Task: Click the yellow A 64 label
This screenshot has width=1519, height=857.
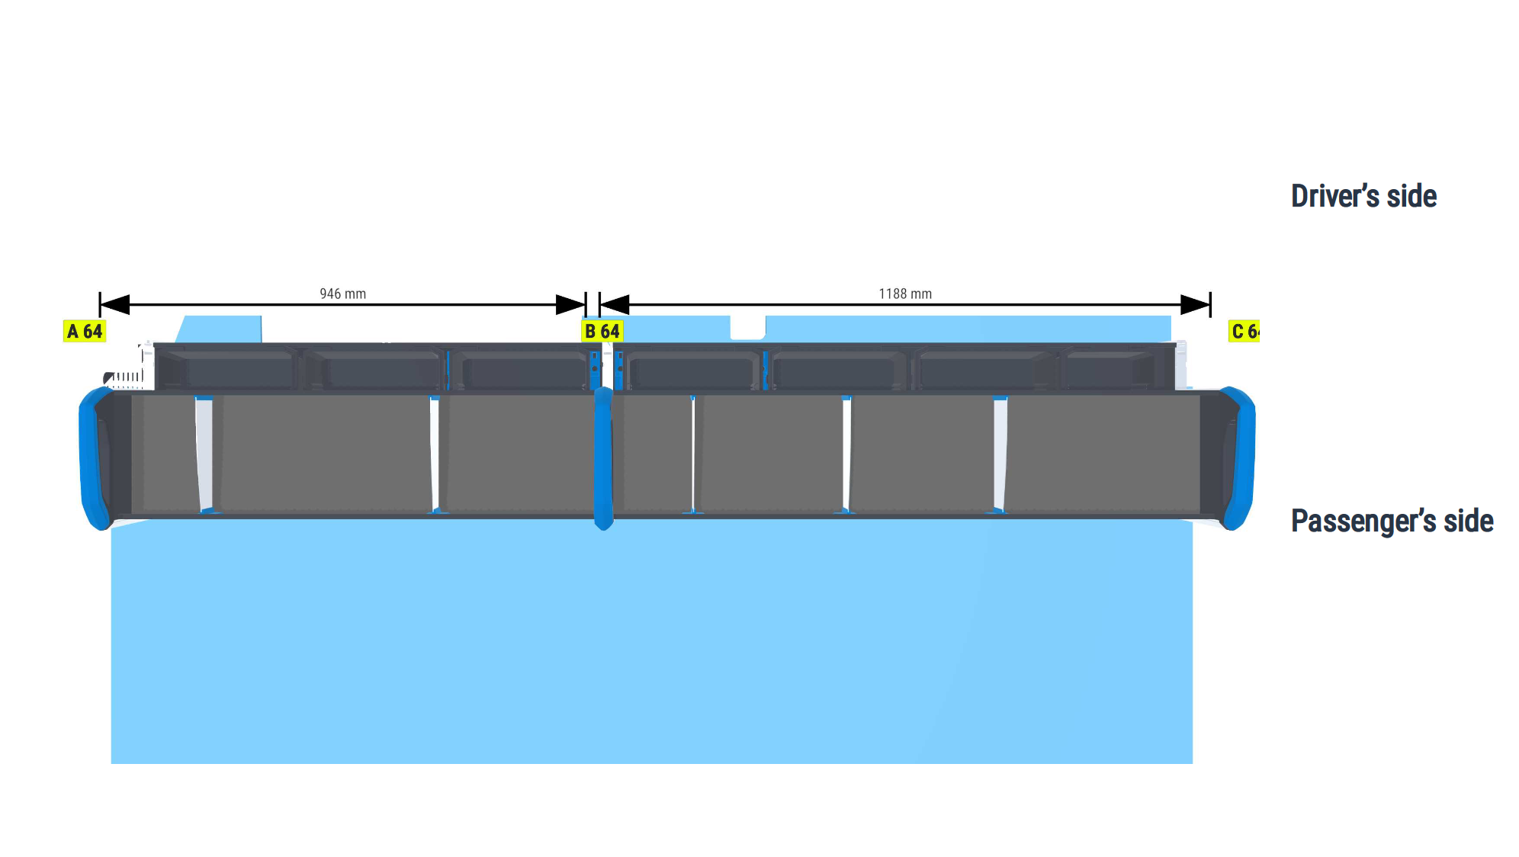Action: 84,331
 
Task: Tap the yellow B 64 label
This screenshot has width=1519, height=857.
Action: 602,331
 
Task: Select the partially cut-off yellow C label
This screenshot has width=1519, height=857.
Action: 1244,331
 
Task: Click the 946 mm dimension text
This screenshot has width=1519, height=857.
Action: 342,294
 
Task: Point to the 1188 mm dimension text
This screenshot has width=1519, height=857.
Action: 905,294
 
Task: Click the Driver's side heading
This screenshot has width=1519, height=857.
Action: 1363,196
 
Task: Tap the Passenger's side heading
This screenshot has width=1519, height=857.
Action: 1392,521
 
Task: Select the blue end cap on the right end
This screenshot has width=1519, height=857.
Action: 1240,458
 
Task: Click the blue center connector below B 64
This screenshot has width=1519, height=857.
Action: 603,458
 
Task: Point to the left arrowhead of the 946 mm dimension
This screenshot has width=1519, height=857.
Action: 114,305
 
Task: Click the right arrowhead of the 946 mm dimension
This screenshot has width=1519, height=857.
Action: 570,305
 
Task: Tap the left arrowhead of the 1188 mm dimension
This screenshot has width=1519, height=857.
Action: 615,305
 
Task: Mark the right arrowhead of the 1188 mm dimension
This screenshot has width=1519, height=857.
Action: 1196,305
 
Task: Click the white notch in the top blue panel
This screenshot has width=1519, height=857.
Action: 747,327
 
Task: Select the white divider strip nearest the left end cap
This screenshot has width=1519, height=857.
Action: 204,454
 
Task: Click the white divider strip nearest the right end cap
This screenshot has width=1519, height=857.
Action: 1000,454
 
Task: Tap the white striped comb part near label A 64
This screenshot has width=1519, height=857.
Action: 124,377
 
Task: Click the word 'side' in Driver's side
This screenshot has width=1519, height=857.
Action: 1411,196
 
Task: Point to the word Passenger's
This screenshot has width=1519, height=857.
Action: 1363,521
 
